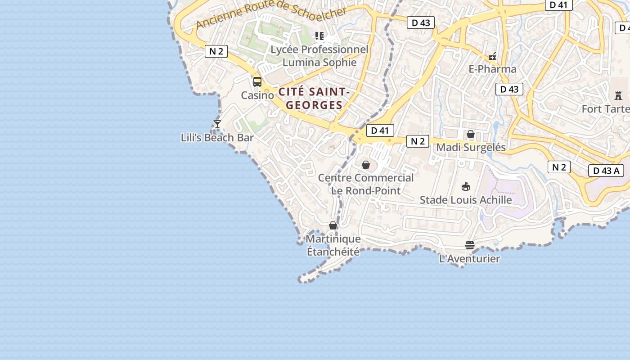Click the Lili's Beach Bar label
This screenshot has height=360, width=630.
click(217, 138)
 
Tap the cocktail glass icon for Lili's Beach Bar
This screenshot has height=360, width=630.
click(217, 124)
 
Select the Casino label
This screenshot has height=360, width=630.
click(257, 95)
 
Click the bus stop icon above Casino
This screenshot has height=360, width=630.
click(257, 82)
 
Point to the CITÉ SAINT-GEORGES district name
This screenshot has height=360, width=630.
click(314, 99)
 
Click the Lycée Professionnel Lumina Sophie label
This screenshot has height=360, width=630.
click(319, 56)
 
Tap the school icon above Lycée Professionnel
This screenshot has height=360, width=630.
click(319, 36)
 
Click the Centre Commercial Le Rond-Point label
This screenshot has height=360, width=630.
click(366, 184)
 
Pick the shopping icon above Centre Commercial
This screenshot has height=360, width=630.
click(366, 165)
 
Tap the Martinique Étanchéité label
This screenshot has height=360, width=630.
click(333, 245)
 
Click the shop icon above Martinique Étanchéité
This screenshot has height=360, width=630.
click(333, 225)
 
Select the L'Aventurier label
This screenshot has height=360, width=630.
click(469, 259)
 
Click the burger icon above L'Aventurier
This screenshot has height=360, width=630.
click(469, 245)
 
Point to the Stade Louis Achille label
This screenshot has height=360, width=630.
click(466, 200)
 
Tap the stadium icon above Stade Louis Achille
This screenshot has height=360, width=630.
click(466, 186)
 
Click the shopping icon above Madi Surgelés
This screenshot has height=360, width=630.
click(471, 134)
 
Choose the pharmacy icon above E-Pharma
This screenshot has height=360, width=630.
click(492, 56)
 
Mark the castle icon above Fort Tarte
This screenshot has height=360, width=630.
click(618, 95)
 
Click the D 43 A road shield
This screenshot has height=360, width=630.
click(606, 171)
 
